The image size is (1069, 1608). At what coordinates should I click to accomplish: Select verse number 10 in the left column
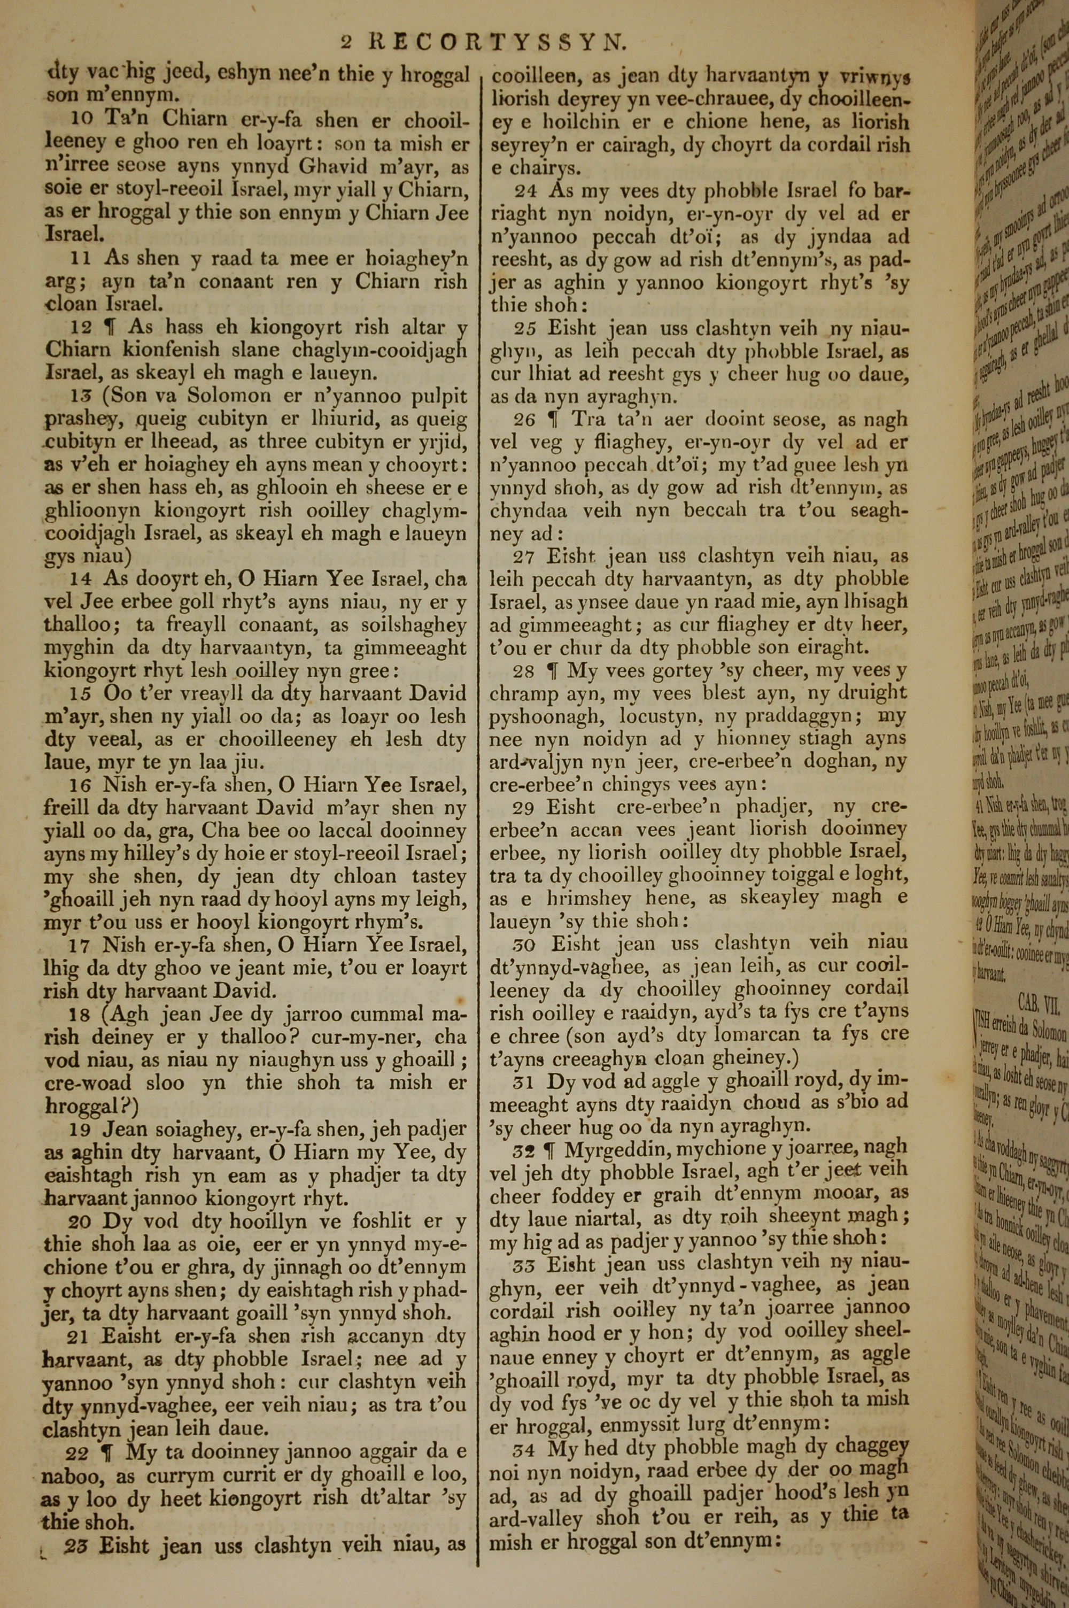click(81, 119)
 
